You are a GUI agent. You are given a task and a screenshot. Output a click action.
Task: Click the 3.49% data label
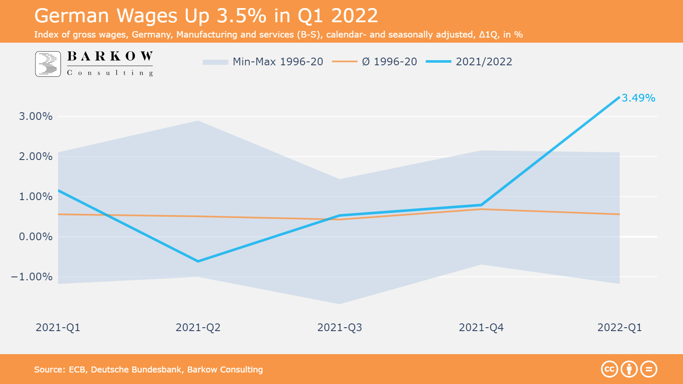tap(638, 98)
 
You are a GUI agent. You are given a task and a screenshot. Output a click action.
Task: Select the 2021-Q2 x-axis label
tap(198, 328)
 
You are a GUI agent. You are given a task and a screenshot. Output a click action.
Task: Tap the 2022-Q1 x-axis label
tap(619, 328)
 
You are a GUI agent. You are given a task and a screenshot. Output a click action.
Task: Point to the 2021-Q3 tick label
tap(339, 328)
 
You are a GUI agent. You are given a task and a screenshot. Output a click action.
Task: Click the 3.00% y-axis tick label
tap(36, 116)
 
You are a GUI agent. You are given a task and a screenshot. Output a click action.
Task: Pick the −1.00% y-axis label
tap(32, 277)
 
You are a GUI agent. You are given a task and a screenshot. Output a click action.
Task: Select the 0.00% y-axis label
tap(36, 237)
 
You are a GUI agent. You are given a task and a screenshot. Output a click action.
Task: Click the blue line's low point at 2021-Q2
tap(198, 261)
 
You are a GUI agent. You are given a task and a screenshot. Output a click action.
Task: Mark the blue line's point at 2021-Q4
tap(481, 205)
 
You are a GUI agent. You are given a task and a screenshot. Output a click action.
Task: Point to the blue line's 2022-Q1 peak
tap(619, 97)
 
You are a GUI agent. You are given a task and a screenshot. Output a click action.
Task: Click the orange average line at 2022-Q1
tap(619, 214)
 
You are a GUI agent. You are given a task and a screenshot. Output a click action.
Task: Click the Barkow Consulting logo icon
tap(48, 64)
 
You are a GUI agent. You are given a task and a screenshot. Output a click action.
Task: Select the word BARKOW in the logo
tap(110, 56)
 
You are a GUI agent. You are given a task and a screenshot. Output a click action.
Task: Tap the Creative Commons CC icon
tap(610, 369)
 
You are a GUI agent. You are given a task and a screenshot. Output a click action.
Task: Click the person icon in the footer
tap(629, 369)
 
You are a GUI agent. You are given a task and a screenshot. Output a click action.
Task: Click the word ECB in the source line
tap(77, 369)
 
